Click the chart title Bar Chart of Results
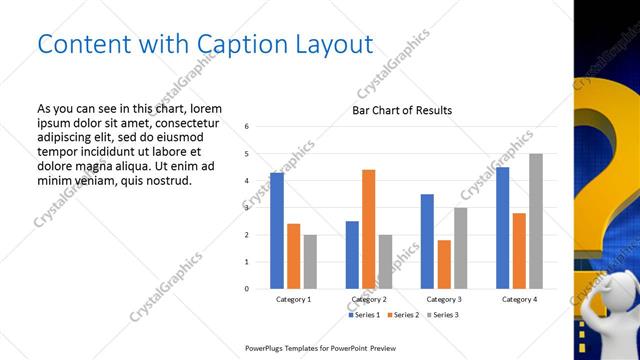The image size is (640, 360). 401,110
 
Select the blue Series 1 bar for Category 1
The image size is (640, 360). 277,231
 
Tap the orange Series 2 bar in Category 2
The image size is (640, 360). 368,229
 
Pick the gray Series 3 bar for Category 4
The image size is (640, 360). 536,221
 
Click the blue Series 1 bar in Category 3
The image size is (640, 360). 427,241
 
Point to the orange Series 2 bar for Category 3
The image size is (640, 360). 444,264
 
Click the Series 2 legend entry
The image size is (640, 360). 402,315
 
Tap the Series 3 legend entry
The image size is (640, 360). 443,315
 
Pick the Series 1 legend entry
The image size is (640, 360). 362,315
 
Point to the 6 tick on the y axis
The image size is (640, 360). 247,127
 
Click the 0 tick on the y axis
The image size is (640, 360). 247,289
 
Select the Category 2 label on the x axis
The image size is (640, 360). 369,299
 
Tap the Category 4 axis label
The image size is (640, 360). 519,299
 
